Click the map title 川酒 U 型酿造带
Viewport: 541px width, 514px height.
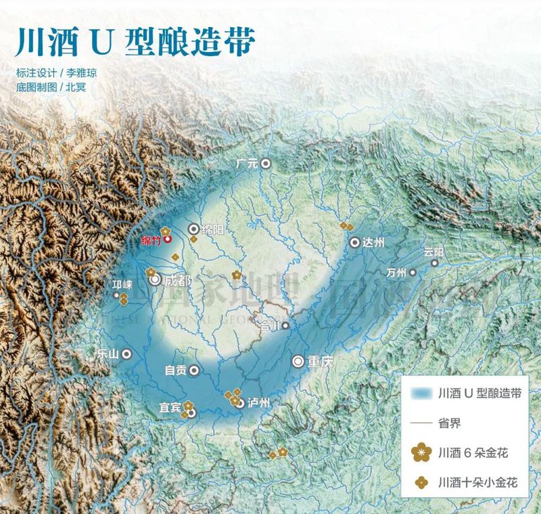[135, 41]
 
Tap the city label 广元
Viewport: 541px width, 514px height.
[248, 163]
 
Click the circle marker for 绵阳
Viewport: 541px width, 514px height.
[194, 229]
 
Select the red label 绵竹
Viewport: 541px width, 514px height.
[151, 239]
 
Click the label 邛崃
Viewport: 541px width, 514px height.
[122, 285]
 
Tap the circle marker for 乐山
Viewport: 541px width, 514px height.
[126, 354]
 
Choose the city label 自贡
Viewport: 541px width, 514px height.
[176, 371]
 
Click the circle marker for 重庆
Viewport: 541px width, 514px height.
[298, 361]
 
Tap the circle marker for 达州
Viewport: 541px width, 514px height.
[355, 242]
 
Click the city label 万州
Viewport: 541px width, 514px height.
[395, 273]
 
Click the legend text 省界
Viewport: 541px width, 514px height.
[448, 421]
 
